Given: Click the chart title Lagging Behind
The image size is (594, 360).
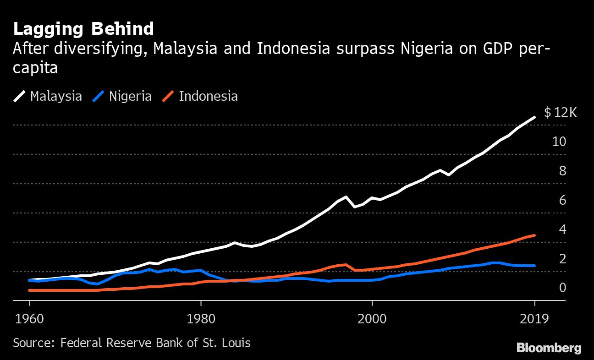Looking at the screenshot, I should click(x=83, y=29).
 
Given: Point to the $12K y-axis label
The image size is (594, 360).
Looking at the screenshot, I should click(x=560, y=112).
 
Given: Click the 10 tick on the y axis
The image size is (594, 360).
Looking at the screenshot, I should click(x=559, y=142).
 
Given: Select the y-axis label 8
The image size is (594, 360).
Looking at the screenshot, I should click(x=562, y=171).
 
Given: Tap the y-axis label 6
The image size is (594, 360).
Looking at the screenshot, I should click(x=562, y=200).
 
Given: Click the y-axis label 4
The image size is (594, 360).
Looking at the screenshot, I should click(x=562, y=229).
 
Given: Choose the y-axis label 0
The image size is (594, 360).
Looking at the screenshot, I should click(x=562, y=288).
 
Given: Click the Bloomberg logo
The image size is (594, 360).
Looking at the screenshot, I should click(x=549, y=348).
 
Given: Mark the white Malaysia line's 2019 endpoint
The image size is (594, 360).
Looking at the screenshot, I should click(x=534, y=118).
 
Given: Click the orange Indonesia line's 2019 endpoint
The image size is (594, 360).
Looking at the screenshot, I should click(x=534, y=235).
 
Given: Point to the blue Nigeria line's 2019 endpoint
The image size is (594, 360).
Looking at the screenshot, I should click(x=534, y=266).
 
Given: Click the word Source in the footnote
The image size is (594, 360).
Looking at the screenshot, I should click(x=33, y=343).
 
